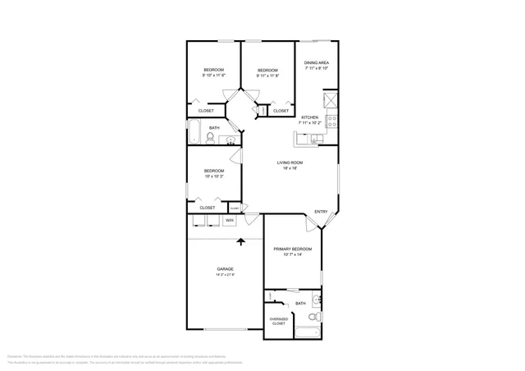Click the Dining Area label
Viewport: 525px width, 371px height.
pyautogui.click(x=317, y=63)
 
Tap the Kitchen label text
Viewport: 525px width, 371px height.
pyautogui.click(x=309, y=117)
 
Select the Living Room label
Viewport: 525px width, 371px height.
pyautogui.click(x=289, y=163)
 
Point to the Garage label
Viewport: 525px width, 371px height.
pyautogui.click(x=225, y=269)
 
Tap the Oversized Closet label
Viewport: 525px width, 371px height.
pyautogui.click(x=279, y=321)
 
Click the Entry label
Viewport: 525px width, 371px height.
pyautogui.click(x=321, y=212)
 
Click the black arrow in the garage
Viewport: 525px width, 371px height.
pyautogui.click(x=241, y=242)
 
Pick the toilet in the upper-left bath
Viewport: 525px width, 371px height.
pyautogui.click(x=212, y=140)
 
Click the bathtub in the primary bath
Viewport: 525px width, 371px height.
pyautogui.click(x=308, y=332)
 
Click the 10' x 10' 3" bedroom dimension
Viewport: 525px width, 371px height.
pyautogui.click(x=213, y=176)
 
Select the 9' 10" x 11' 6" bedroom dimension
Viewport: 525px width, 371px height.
pyautogui.click(x=213, y=76)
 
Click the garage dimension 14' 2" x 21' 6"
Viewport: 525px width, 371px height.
pyautogui.click(x=225, y=275)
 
